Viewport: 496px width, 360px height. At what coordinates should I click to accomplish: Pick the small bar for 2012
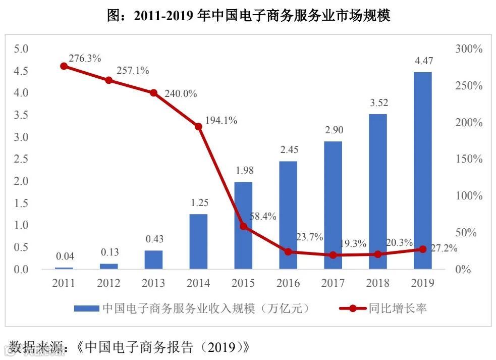tap(108, 266)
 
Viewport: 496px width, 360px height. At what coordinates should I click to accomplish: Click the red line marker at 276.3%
tap(64, 66)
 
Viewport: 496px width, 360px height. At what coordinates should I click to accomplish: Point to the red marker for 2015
tap(243, 226)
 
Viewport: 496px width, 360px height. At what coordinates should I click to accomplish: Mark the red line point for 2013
tap(153, 93)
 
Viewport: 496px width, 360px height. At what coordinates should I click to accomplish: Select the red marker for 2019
tap(422, 249)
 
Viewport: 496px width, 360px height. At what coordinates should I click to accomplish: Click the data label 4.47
tap(422, 61)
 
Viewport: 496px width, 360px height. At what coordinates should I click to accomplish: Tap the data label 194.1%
tap(221, 121)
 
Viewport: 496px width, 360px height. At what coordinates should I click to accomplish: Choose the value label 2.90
tap(333, 130)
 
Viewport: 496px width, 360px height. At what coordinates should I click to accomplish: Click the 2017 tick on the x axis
tap(333, 283)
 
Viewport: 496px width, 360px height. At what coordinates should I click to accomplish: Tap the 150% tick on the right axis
tap(469, 159)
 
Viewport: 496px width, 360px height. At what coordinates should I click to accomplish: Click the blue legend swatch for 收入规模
tap(87, 308)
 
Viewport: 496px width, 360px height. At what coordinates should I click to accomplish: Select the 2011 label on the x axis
tap(64, 283)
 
